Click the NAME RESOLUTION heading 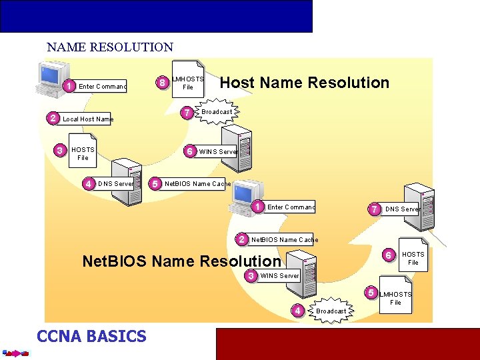click(x=110, y=47)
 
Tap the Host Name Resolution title click(x=304, y=83)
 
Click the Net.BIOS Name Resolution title click(x=181, y=261)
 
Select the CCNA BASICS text click(x=91, y=336)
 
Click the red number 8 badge click(x=161, y=83)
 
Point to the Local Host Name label click(x=88, y=119)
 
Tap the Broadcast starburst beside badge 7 click(x=217, y=111)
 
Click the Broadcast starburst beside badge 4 click(x=331, y=311)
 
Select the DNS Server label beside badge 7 click(x=402, y=209)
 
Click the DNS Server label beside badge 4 click(x=115, y=183)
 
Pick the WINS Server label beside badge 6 click(x=219, y=151)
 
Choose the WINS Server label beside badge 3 click(x=280, y=275)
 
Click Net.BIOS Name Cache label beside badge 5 click(x=197, y=183)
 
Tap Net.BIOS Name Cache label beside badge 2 click(x=285, y=239)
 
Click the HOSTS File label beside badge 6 click(x=413, y=258)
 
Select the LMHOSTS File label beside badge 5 click(x=396, y=298)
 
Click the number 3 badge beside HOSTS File click(x=60, y=151)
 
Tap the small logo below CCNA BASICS click(x=15, y=353)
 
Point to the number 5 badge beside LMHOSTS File click(x=371, y=293)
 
